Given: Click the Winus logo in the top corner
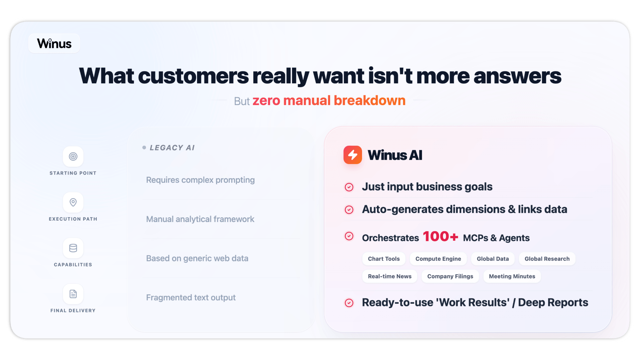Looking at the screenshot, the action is point(54,43).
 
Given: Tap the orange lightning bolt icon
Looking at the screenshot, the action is point(353,155).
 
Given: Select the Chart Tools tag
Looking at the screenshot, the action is point(384,259).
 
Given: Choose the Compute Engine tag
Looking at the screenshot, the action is point(438,259).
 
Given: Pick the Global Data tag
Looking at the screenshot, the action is point(493,259).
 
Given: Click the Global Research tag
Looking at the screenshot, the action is point(547,259).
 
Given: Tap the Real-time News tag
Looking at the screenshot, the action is point(390,276).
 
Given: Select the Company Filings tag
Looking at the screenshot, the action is point(450,276).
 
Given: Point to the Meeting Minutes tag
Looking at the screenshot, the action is point(512,276).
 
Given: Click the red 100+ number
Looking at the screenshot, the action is point(440,236).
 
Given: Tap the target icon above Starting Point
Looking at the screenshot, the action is point(73,156).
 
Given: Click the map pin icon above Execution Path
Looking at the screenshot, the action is point(73,202).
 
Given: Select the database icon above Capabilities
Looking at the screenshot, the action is point(73,248).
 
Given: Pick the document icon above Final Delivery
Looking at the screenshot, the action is point(73,294).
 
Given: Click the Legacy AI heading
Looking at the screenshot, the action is point(172,148).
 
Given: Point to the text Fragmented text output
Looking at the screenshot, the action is point(191,297).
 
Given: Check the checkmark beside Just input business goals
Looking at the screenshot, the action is point(349,187).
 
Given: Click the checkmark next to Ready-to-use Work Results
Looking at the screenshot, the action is point(349,303).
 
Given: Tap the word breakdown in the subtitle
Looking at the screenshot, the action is point(370,100).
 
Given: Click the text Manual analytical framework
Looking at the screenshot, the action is point(200,219).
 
